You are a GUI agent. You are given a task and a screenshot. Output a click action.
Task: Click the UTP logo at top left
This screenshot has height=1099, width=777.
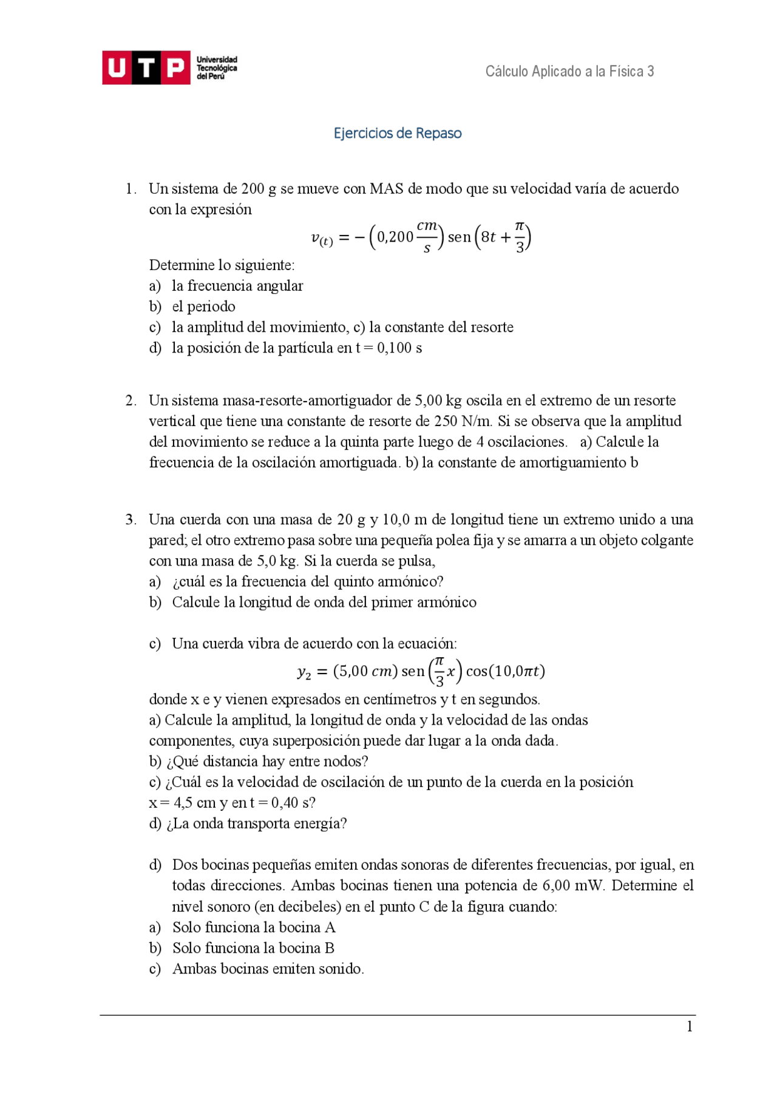(x=169, y=67)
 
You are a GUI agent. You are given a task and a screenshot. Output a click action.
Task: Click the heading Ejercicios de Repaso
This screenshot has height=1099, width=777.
(x=398, y=134)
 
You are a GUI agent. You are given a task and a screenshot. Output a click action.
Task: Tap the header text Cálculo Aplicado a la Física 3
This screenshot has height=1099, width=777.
(x=569, y=72)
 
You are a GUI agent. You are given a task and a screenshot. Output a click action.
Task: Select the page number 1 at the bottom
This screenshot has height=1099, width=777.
(x=690, y=1026)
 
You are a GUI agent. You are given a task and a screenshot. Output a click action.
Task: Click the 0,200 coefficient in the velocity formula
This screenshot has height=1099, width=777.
(x=395, y=237)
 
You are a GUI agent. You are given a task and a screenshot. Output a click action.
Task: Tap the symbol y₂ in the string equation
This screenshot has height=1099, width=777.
(x=304, y=672)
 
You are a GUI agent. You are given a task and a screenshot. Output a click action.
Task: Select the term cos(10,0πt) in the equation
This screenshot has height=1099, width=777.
(x=506, y=671)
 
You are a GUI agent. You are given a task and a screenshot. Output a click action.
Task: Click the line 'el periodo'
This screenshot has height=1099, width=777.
(x=203, y=306)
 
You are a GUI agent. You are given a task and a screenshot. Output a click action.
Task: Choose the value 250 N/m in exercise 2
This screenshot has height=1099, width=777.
(x=463, y=421)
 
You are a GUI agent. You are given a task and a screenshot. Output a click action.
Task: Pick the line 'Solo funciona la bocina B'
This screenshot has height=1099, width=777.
(x=253, y=948)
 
